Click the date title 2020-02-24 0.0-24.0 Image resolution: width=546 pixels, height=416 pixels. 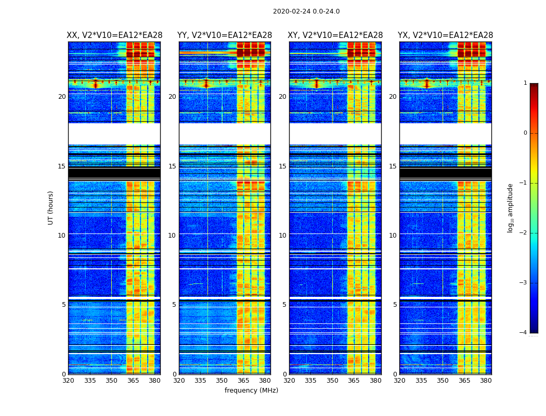pyautogui.click(x=306, y=11)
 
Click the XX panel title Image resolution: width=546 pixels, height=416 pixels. pyautogui.click(x=114, y=35)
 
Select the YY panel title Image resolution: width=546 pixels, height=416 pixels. pyautogui.click(x=225, y=35)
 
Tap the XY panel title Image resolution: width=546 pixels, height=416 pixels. pyautogui.click(x=335, y=35)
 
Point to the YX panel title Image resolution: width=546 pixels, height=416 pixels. pyautogui.click(x=445, y=35)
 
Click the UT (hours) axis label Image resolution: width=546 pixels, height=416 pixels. pyautogui.click(x=51, y=207)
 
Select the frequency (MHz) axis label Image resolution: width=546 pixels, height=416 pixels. pyautogui.click(x=251, y=391)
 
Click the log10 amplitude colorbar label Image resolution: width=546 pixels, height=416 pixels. pyautogui.click(x=511, y=207)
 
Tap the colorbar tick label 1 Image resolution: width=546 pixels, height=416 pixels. pyautogui.click(x=525, y=83)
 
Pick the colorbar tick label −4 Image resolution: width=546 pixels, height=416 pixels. pyautogui.click(x=524, y=333)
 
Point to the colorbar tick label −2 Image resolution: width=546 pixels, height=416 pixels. pyautogui.click(x=524, y=233)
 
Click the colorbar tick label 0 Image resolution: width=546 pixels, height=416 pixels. pyautogui.click(x=525, y=133)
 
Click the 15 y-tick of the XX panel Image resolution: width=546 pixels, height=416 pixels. pyautogui.click(x=62, y=166)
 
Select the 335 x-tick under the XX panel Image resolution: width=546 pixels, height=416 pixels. pyautogui.click(x=90, y=381)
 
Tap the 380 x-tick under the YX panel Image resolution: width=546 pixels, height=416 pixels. pyautogui.click(x=486, y=381)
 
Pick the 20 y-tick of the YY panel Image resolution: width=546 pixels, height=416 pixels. pyautogui.click(x=172, y=97)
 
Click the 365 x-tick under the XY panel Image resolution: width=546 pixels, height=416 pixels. pyautogui.click(x=354, y=381)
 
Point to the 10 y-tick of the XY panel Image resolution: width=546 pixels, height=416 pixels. pyautogui.click(x=282, y=236)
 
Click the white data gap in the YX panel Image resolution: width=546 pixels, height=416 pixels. pyautogui.click(x=445, y=134)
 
